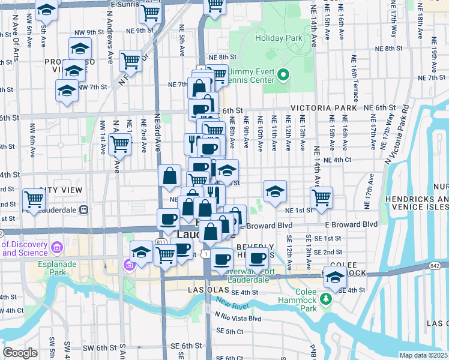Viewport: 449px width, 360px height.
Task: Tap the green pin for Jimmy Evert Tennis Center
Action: coord(285,76)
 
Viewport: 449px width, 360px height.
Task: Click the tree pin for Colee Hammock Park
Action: coord(326,298)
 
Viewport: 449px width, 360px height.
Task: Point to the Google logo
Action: coord(20,353)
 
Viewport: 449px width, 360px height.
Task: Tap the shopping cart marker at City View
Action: coord(34,199)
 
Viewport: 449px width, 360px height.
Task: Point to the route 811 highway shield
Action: coord(161,241)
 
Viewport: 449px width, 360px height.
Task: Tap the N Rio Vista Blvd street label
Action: coord(238,319)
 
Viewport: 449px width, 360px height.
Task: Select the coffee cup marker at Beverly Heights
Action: coord(258,259)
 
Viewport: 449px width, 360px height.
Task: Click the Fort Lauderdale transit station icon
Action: coord(84,210)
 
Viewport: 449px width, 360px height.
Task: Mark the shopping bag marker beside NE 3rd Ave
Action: coord(170,176)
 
